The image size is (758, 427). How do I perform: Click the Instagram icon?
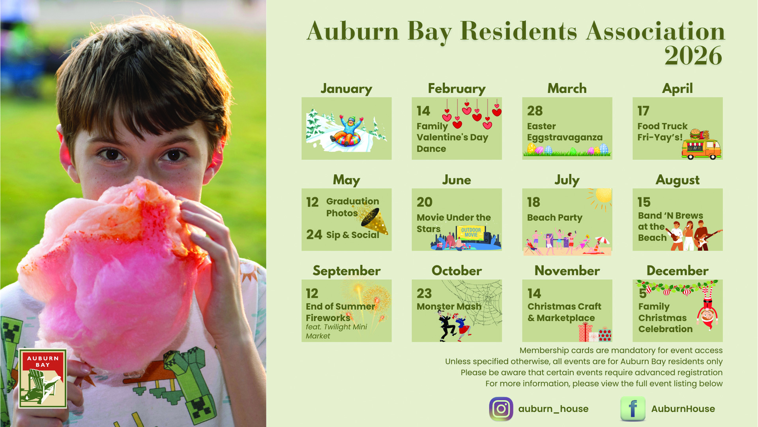click(501, 409)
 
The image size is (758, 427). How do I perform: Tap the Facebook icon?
click(633, 409)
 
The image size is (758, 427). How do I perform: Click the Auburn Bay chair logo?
click(43, 378)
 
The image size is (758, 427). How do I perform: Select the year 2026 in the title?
click(693, 56)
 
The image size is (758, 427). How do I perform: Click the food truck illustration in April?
click(701, 145)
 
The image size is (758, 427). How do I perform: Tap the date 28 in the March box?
click(535, 111)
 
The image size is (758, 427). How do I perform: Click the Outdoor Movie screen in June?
click(471, 233)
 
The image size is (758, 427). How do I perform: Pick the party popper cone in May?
click(374, 220)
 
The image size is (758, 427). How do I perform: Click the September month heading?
click(346, 271)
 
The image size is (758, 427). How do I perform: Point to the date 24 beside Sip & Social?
click(314, 235)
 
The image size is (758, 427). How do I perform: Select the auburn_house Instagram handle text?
click(553, 409)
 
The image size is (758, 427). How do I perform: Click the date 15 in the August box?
click(644, 202)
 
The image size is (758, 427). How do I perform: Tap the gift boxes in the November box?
click(595, 332)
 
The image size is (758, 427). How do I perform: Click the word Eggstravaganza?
click(565, 138)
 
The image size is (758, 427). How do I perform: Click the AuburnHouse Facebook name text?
click(683, 409)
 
